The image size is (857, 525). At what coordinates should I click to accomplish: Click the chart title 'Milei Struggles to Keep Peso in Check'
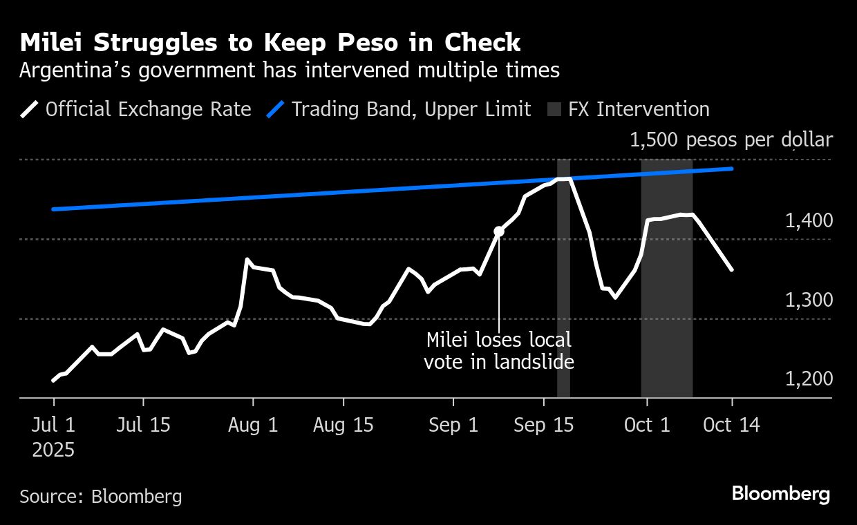(270, 43)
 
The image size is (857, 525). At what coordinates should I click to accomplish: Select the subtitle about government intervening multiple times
(289, 70)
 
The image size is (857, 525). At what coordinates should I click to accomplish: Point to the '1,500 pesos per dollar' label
(731, 140)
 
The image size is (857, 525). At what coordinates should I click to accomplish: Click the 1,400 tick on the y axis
(809, 221)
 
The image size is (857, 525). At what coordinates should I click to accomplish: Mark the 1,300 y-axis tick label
(809, 300)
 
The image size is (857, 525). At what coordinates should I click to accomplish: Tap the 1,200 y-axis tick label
(809, 379)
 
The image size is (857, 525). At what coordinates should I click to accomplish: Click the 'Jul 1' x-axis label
(53, 425)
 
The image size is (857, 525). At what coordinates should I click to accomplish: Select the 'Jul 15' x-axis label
(143, 425)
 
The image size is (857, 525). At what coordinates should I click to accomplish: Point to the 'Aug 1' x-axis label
(253, 425)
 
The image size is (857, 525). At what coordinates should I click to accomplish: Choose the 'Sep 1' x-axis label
(453, 425)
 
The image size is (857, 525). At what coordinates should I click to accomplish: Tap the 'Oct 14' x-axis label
(731, 425)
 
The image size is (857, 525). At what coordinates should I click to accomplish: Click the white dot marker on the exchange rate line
(499, 231)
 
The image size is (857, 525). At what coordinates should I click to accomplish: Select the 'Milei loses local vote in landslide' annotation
(498, 351)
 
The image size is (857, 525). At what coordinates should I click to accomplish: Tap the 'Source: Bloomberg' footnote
(101, 496)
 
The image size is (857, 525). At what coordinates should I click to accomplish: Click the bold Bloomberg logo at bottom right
(780, 494)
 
